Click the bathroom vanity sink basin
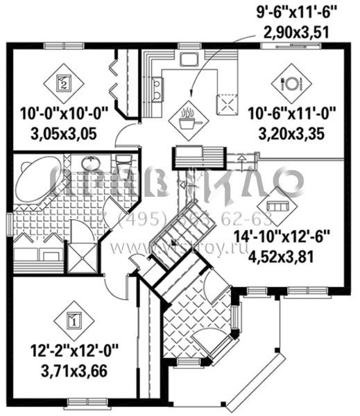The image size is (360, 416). pyautogui.click(x=91, y=164)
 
